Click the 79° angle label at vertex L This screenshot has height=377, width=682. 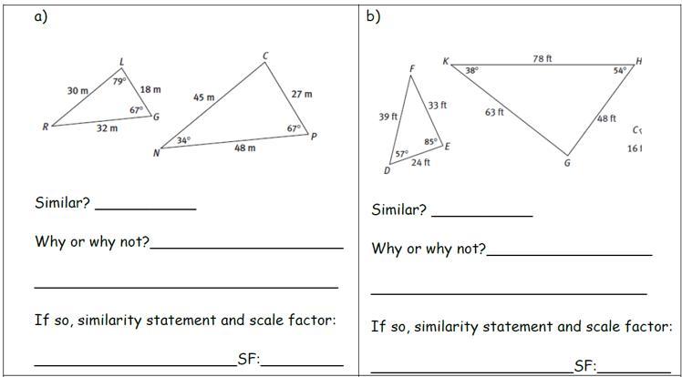(119, 81)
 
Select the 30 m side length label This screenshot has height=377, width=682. (77, 91)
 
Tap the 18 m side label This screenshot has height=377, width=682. (150, 89)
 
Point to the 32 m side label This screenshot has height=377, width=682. (107, 128)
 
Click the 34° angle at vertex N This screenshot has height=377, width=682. (183, 140)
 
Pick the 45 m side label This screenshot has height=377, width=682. (203, 97)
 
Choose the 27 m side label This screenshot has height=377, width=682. (301, 94)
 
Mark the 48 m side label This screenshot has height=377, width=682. (244, 148)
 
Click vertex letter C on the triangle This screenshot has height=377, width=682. (265, 56)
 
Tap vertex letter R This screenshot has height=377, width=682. (45, 127)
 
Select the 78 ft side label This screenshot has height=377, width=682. (542, 58)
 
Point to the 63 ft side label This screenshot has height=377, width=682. (494, 113)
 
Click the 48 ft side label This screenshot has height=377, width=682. (606, 118)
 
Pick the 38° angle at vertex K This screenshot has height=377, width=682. (471, 70)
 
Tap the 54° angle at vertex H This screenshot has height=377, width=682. (620, 70)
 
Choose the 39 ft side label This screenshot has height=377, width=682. (387, 117)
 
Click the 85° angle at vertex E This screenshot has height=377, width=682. (430, 141)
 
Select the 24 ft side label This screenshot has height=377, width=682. (419, 162)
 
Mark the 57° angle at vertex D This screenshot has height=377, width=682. (400, 154)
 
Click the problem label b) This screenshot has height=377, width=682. (373, 15)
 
